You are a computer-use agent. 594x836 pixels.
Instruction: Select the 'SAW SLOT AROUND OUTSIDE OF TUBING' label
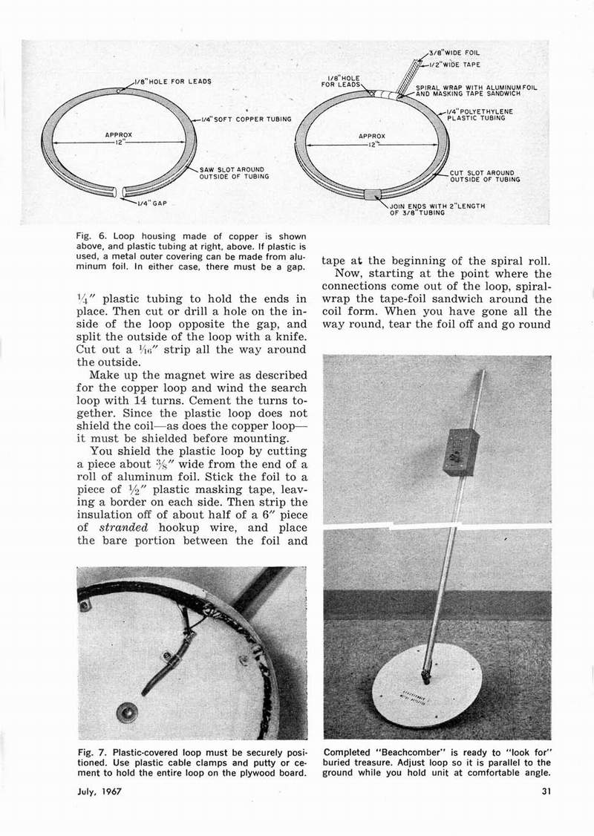point(234,173)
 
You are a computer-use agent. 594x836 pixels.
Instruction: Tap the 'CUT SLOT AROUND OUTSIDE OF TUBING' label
point(485,176)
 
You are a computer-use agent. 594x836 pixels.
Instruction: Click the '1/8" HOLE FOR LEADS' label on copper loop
point(172,80)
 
